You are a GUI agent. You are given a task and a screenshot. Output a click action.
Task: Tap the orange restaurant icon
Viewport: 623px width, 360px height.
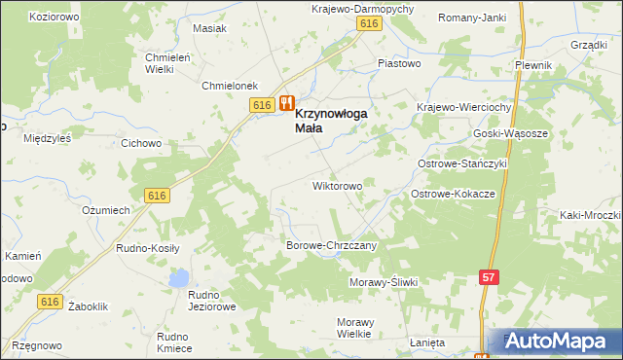click(x=286, y=103)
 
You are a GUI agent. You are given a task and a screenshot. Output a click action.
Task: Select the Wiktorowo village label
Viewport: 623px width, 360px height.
click(x=337, y=185)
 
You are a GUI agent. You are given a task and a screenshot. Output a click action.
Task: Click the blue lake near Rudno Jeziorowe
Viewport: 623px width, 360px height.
click(x=178, y=279)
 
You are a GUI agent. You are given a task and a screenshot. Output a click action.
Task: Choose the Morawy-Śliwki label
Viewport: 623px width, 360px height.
click(x=383, y=282)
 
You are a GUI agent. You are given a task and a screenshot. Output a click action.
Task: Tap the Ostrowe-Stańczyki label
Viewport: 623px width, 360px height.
click(x=463, y=164)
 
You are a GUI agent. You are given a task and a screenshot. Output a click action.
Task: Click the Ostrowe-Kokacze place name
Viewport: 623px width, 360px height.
click(x=453, y=195)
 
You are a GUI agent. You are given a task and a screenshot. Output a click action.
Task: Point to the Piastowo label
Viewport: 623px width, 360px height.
click(x=398, y=64)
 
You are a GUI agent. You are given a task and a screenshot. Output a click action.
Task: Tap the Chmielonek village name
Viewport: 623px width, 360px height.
click(x=229, y=86)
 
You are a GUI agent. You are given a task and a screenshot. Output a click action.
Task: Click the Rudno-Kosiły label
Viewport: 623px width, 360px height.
click(x=148, y=248)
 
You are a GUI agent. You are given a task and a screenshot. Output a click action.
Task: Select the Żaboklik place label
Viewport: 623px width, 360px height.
click(x=89, y=306)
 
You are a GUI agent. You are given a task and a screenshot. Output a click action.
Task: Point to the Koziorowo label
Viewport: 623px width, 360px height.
click(x=55, y=18)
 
